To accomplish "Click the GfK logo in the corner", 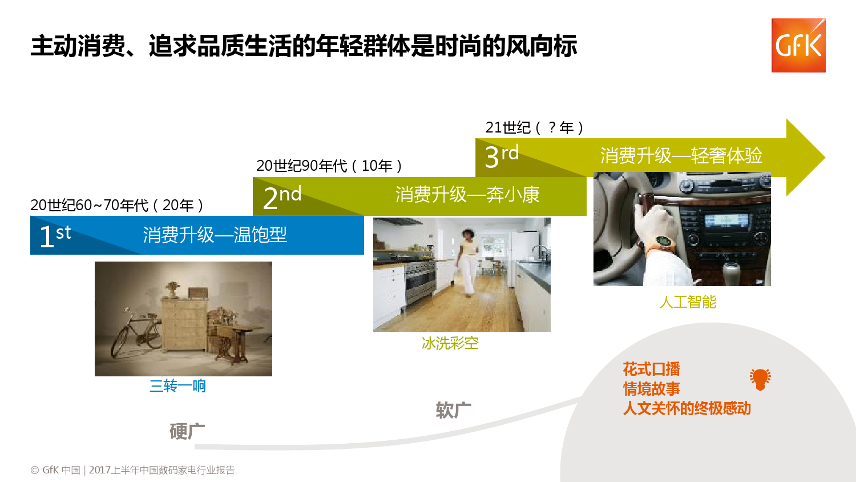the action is tap(798, 45).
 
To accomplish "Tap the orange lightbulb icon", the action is tap(760, 379).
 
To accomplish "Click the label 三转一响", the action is tap(177, 386).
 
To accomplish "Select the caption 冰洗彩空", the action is tap(450, 343).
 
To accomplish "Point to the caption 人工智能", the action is tap(688, 302).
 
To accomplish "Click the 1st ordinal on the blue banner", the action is tap(55, 235).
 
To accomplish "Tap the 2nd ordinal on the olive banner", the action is tap(282, 196).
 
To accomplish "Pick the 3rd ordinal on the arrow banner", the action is tap(502, 156).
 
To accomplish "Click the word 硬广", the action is tap(187, 432).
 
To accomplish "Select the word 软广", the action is tap(454, 410).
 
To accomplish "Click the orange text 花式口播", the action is tap(652, 369).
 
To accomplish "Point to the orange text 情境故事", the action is tap(652, 389).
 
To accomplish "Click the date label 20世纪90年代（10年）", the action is tap(329, 166).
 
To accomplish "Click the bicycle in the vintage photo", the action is tap(136, 334).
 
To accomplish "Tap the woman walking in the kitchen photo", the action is tap(467, 263).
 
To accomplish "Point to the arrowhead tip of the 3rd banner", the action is tap(825, 157).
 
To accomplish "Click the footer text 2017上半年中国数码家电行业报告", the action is tap(161, 470).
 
